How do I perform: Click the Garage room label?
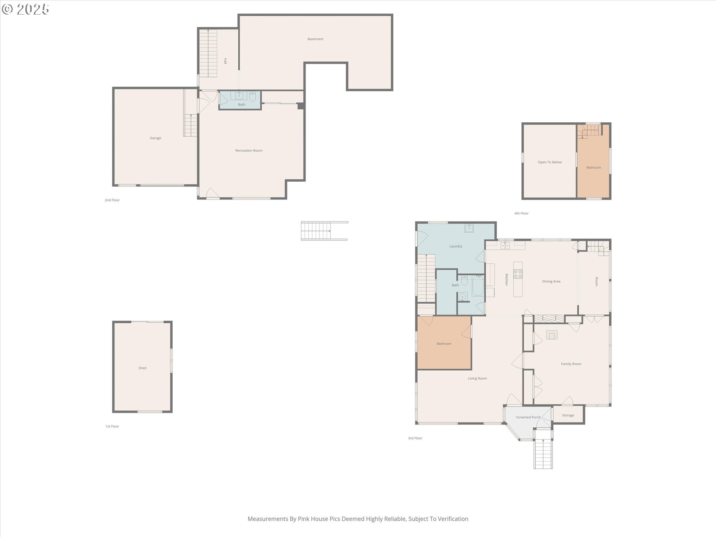tap(156, 138)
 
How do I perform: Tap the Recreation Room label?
tap(249, 151)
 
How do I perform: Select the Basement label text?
tap(315, 39)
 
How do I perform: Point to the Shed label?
tap(142, 368)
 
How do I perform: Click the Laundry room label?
tap(456, 246)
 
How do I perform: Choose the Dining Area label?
tap(551, 282)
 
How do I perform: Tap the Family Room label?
tap(571, 364)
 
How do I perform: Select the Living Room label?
tap(477, 379)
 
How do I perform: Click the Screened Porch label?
tap(528, 417)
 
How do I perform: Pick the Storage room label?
tap(568, 415)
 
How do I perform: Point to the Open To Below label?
tap(550, 162)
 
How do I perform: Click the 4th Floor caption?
tap(521, 213)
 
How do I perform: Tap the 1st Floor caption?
tap(112, 426)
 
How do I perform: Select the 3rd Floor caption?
tap(415, 438)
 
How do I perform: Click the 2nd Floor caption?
tap(112, 200)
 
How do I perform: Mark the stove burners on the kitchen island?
tap(518, 274)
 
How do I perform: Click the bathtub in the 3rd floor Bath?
tap(477, 286)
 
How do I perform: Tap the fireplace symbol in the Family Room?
tap(552, 335)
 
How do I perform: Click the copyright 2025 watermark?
tap(25, 9)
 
